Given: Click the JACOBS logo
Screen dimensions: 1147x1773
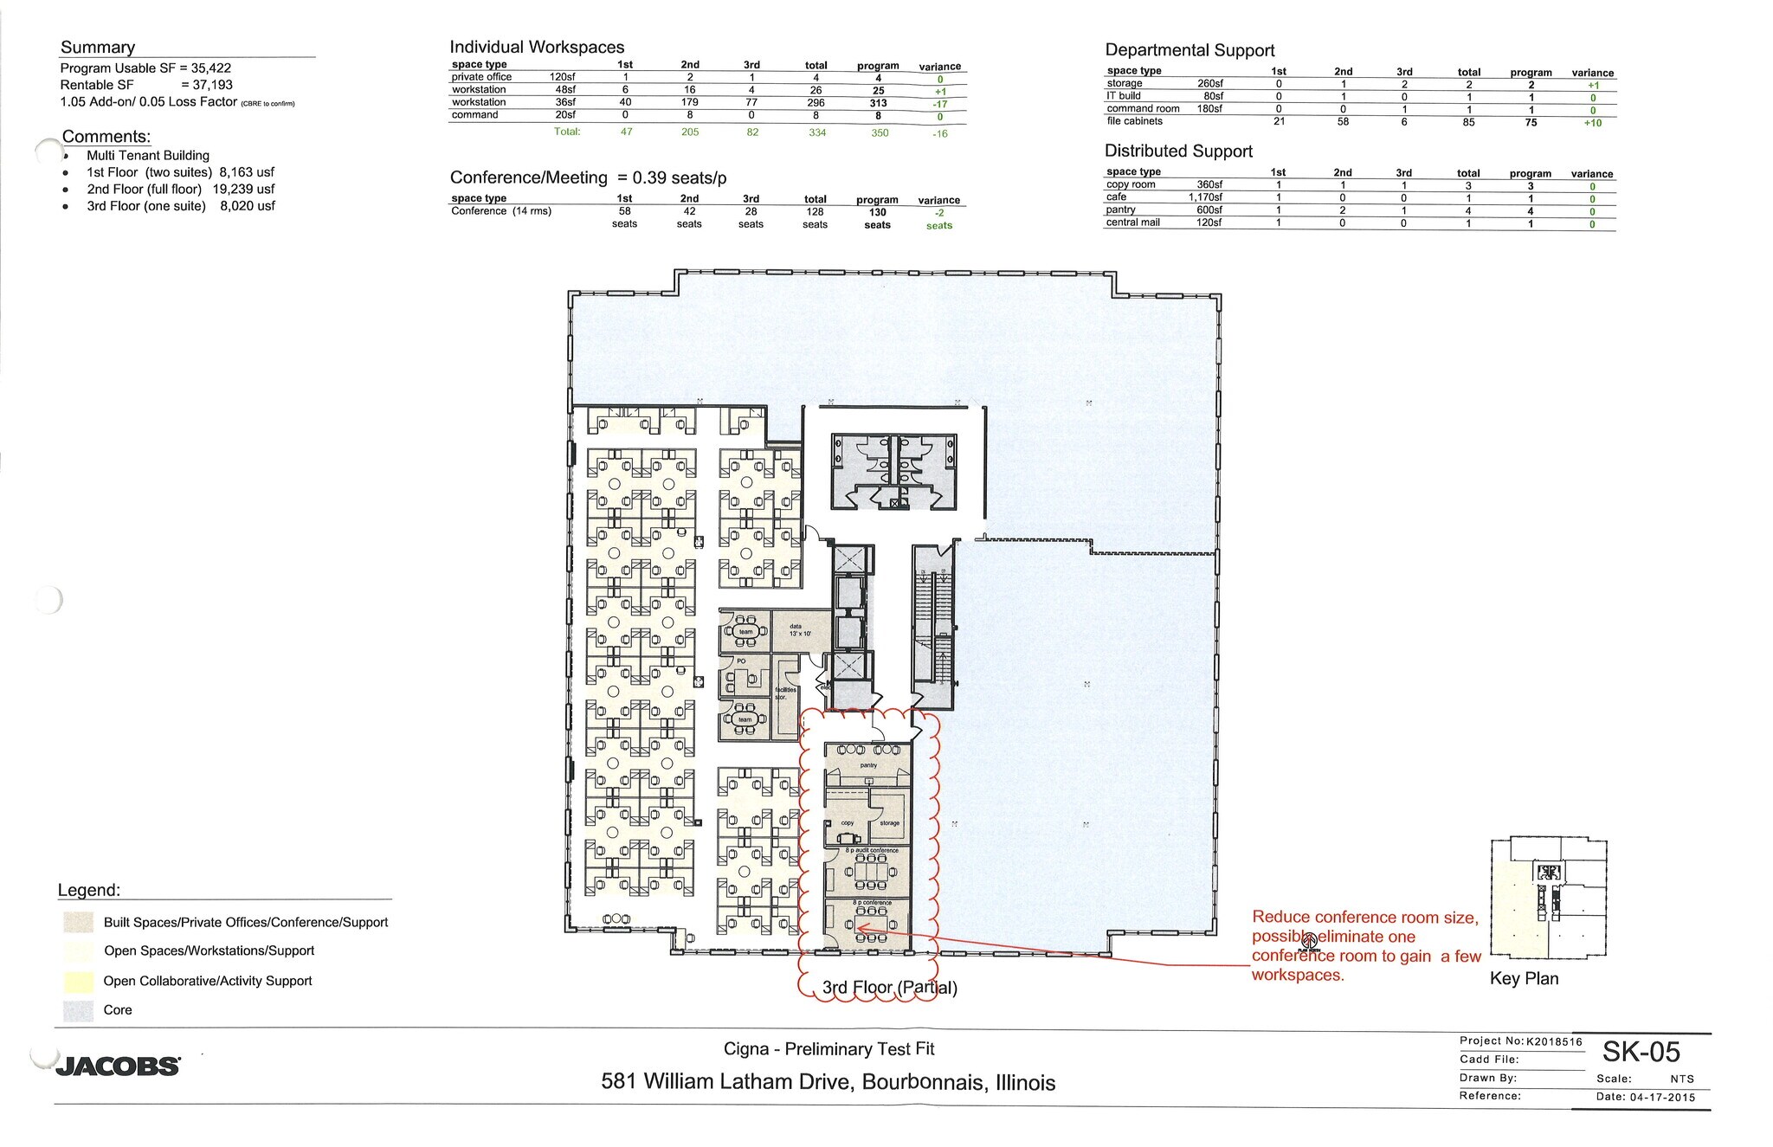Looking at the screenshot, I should click(x=118, y=1066).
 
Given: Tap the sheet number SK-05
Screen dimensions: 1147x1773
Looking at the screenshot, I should click(x=1641, y=1052).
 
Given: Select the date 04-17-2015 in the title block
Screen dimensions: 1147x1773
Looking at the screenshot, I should click(x=1662, y=1097).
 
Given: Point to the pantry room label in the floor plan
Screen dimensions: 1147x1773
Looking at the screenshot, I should click(x=868, y=765).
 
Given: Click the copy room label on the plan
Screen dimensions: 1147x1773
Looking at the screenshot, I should click(x=848, y=823).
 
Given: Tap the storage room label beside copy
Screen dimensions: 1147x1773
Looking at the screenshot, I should click(x=889, y=823).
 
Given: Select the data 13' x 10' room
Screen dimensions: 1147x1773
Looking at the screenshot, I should click(x=799, y=630).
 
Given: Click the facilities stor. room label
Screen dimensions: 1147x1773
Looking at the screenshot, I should click(x=785, y=693).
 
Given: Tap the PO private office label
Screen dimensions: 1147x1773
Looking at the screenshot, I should click(x=741, y=661).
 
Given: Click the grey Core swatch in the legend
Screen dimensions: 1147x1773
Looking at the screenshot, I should click(x=78, y=1010).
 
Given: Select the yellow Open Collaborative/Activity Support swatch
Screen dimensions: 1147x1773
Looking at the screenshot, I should click(x=78, y=982).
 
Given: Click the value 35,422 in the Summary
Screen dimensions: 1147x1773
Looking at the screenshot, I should click(x=211, y=68).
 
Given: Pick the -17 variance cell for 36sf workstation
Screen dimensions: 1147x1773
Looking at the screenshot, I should click(x=940, y=104).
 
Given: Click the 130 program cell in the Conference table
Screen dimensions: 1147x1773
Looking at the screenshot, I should click(x=877, y=212).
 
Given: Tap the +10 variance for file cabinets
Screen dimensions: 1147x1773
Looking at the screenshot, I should click(x=1592, y=123).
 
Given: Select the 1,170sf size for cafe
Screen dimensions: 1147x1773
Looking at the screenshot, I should click(x=1205, y=197).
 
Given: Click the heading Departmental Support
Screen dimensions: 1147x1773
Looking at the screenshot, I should click(x=1190, y=50).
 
